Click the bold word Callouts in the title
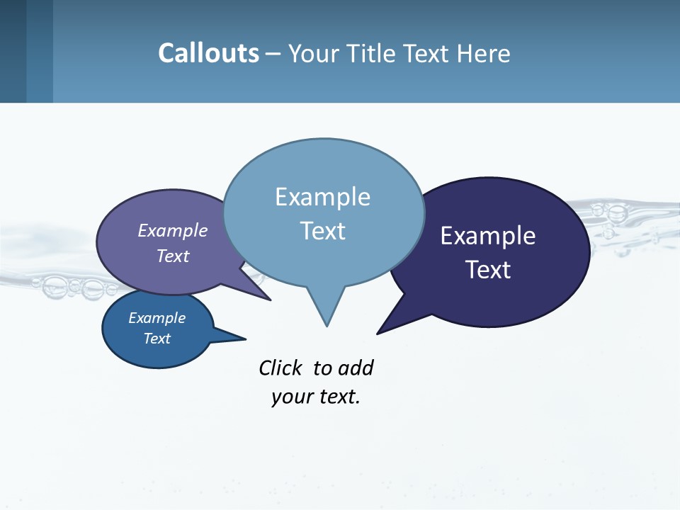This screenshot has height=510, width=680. coord(208,53)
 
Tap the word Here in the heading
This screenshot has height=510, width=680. coord(485,53)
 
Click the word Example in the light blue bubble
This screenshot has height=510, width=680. coord(322,197)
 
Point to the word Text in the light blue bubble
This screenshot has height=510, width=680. coord(322,230)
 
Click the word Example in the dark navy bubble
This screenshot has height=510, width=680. coord(488,236)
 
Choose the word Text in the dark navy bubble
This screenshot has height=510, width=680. coord(488,270)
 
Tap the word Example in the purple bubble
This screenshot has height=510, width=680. coord(173,230)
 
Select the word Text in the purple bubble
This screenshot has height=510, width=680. coord(173,256)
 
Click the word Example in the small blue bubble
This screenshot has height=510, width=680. coord(157,318)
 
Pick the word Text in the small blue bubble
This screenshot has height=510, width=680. coord(157,339)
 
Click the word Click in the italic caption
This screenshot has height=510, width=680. coord(280,368)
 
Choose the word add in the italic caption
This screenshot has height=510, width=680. coord(356,368)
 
